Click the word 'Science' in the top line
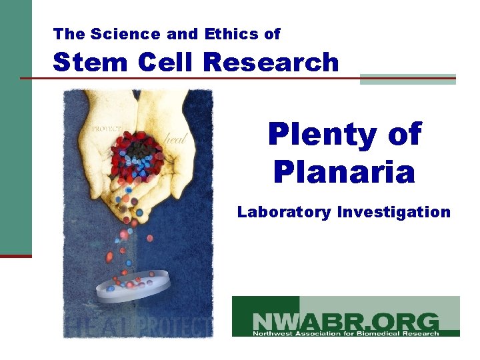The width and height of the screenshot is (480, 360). click(113, 33)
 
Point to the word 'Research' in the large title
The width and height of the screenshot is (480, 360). click(271, 62)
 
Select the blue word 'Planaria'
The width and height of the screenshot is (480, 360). click(344, 172)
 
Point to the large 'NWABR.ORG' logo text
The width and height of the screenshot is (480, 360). click(345, 319)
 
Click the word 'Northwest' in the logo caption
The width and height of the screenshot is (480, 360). click(269, 333)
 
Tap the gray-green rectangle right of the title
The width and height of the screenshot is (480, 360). click(407, 79)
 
